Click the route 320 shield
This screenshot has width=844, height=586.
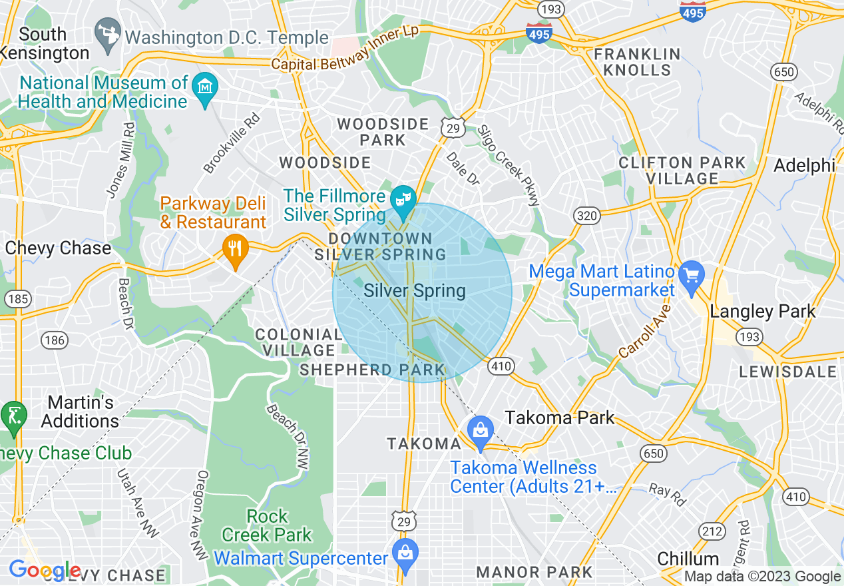tap(588, 216)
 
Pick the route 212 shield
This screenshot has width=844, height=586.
tap(712, 531)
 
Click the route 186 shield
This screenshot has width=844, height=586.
tap(54, 341)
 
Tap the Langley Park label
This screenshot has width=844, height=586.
tap(762, 312)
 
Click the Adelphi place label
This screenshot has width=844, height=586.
tap(804, 166)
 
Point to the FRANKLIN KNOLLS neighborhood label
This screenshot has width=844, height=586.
tap(637, 62)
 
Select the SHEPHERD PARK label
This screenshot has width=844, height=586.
tap(371, 370)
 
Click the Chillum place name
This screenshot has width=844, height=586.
tap(688, 558)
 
